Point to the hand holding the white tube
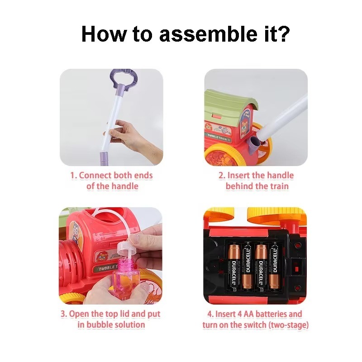tap(133, 141)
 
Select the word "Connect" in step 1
tap(95, 175)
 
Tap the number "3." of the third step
tap(64, 314)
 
